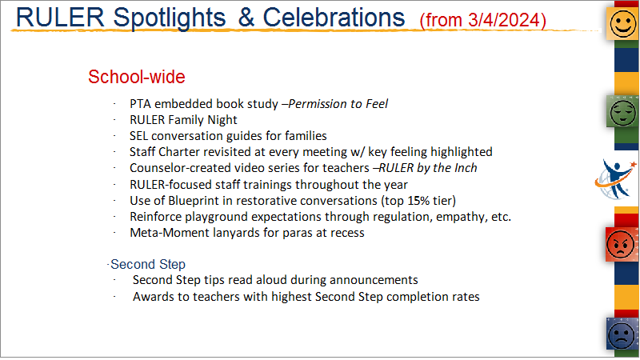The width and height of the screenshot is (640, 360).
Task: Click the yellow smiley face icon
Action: (622, 24)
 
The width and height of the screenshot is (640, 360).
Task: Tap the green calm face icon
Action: (622, 112)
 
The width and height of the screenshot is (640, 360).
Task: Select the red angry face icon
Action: (622, 244)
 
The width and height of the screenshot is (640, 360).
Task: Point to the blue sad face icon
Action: (622, 334)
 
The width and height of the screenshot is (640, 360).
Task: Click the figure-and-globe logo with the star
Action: (616, 179)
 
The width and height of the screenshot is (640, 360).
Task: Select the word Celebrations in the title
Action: (334, 18)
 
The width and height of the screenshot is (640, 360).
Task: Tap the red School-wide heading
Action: (137, 77)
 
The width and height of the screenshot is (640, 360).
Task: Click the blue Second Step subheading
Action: (148, 264)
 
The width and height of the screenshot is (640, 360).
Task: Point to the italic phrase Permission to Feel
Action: (338, 104)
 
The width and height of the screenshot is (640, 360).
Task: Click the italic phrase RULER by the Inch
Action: (428, 168)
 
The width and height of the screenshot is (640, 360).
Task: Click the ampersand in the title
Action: (246, 18)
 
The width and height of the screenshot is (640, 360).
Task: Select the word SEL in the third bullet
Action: (138, 136)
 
